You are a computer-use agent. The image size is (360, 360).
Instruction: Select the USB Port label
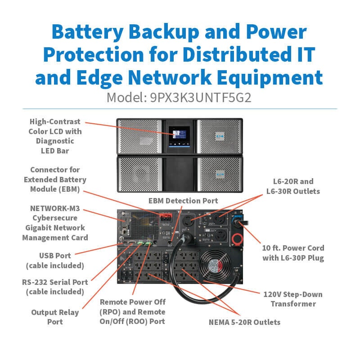(x=55, y=261)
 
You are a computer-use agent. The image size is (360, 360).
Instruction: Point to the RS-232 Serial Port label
(x=55, y=287)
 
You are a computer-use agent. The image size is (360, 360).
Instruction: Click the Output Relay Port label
(x=55, y=317)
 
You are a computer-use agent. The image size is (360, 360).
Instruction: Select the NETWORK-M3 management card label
(x=55, y=223)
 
